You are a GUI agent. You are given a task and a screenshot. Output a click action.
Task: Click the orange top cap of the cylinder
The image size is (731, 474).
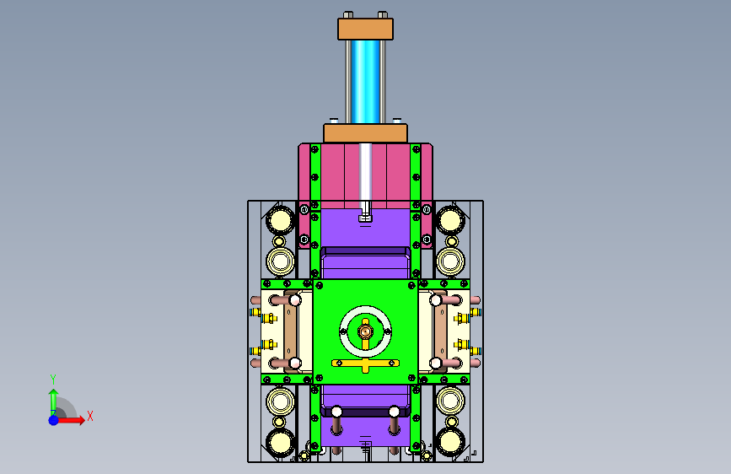coord(366,29)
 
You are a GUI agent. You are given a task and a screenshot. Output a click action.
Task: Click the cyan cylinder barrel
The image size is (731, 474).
coord(366,82)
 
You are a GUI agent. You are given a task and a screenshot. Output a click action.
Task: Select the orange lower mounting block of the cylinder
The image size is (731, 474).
coord(366,133)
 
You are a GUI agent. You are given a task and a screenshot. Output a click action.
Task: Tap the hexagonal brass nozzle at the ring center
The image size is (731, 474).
coord(366,331)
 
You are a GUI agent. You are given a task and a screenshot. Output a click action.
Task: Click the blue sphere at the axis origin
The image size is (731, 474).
coord(54,420)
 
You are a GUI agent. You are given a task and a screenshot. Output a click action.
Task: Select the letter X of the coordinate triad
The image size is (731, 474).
coord(90,416)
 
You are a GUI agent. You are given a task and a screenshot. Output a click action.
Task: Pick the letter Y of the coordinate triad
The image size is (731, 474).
coord(53,379)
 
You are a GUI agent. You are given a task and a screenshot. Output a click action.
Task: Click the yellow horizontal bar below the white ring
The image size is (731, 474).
coord(366,363)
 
